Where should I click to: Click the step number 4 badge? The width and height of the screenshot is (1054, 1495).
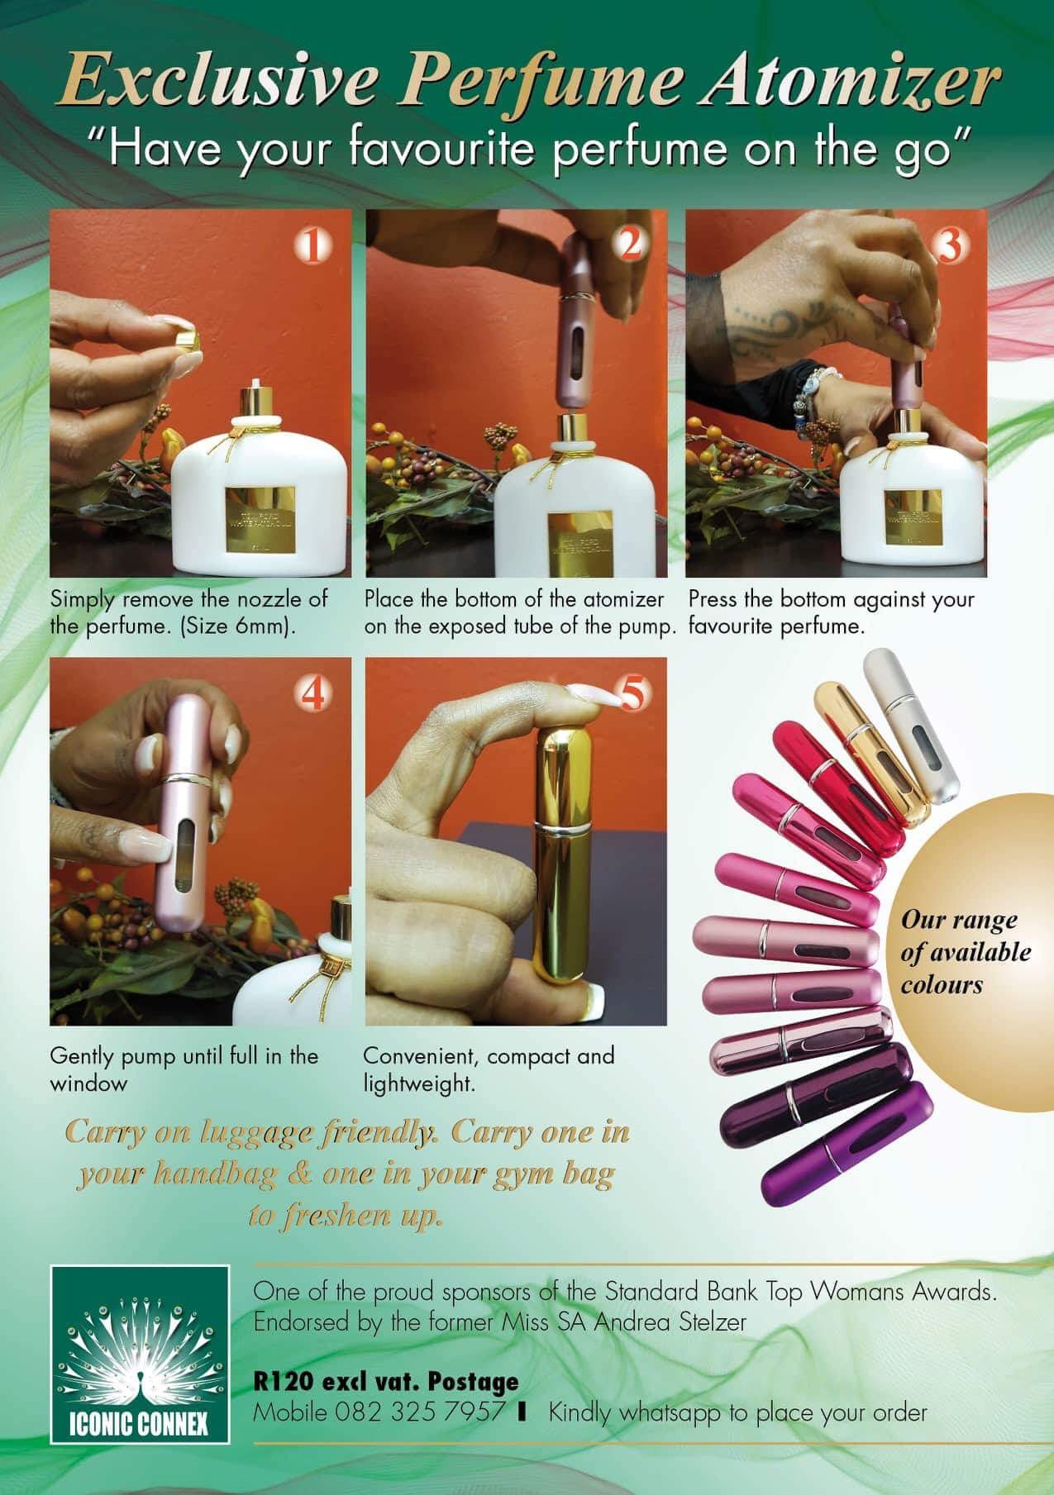(x=312, y=696)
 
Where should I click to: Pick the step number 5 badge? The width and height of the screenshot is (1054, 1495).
(x=631, y=695)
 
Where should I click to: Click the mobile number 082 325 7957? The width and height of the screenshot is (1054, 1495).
(x=420, y=1412)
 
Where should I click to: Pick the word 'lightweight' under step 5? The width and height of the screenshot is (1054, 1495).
(x=419, y=1084)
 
